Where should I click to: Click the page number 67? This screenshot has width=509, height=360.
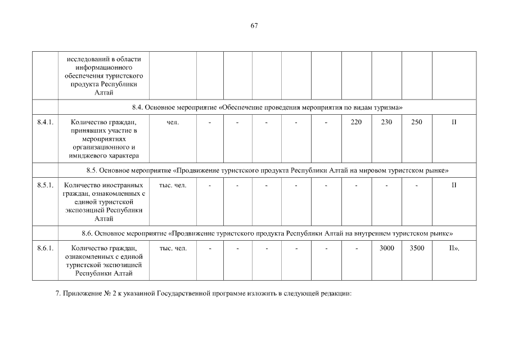(254, 25)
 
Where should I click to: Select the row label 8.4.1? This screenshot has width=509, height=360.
(45, 122)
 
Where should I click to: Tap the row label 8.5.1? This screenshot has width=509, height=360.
(45, 185)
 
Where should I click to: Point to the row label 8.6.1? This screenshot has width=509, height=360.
(45, 248)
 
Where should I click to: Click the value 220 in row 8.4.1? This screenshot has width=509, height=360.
(356, 122)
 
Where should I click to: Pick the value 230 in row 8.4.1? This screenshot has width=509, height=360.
(386, 122)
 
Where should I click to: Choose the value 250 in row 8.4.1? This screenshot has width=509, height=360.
(417, 122)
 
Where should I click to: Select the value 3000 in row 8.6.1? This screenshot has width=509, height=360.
(386, 248)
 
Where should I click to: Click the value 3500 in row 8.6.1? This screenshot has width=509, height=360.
(417, 248)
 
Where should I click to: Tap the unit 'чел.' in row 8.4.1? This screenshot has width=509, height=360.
(173, 122)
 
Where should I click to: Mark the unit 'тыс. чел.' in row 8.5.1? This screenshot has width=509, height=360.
(173, 185)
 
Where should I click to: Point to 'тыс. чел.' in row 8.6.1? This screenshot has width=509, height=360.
(173, 248)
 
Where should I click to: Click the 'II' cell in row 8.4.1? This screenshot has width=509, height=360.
(454, 122)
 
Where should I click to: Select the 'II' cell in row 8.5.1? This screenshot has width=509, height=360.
(454, 185)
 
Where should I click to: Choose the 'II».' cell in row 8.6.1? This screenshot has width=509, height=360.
(454, 248)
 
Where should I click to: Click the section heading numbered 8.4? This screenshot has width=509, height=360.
(267, 107)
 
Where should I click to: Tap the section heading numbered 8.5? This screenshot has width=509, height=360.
(267, 170)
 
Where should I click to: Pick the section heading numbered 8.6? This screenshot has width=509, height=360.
(267, 233)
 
